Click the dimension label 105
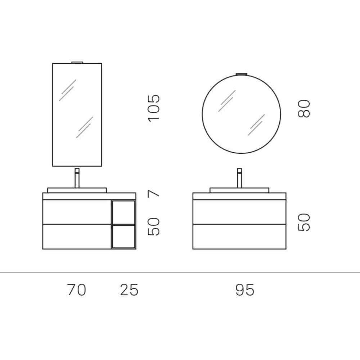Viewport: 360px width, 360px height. (x=154, y=108)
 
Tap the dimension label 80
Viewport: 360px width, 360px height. (x=303, y=109)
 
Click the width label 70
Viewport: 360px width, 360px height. (x=77, y=289)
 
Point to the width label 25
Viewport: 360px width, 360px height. (x=129, y=289)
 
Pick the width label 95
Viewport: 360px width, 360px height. (x=245, y=289)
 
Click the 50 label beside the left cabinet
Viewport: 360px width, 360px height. (x=154, y=226)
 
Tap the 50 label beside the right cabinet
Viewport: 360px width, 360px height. (x=303, y=222)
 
